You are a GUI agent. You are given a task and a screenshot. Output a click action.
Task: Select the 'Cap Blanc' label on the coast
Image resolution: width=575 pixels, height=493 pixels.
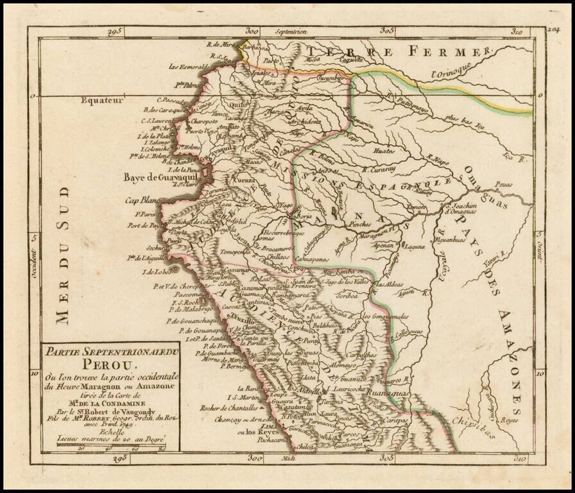click(141, 200)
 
